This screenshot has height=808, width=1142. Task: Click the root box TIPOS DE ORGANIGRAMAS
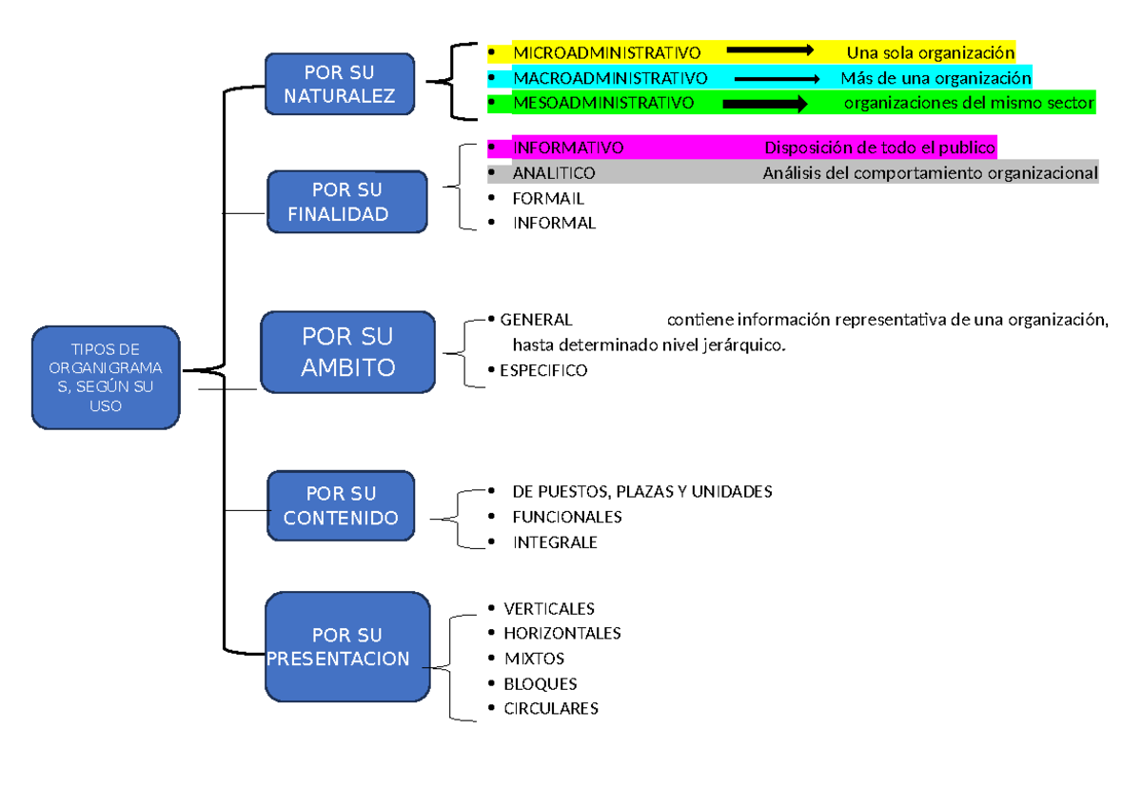tap(105, 378)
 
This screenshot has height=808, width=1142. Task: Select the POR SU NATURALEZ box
tap(340, 84)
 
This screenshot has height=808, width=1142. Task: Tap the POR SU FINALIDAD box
tap(346, 202)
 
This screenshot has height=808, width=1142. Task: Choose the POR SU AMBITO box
tap(347, 351)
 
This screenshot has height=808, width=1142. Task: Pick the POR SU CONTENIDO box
tap(341, 506)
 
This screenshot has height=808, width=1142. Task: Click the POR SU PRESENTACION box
tap(346, 647)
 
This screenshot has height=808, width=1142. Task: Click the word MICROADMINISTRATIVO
tap(606, 52)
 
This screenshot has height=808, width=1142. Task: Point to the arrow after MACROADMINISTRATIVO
tap(777, 79)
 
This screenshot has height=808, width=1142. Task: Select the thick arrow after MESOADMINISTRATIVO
tap(764, 103)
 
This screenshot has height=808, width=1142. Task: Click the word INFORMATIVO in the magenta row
tap(568, 148)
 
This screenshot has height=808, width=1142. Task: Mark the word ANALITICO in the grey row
tap(554, 173)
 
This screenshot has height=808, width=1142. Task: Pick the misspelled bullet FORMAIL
tap(548, 199)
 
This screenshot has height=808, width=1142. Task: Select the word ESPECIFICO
tap(543, 371)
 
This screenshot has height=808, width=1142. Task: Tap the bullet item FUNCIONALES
tap(567, 517)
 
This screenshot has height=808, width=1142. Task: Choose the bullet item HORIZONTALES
tap(562, 633)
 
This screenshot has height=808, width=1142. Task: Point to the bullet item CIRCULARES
tap(551, 709)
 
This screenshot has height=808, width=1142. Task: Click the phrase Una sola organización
tap(931, 52)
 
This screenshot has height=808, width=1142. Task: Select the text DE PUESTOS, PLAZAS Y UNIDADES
tap(642, 492)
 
